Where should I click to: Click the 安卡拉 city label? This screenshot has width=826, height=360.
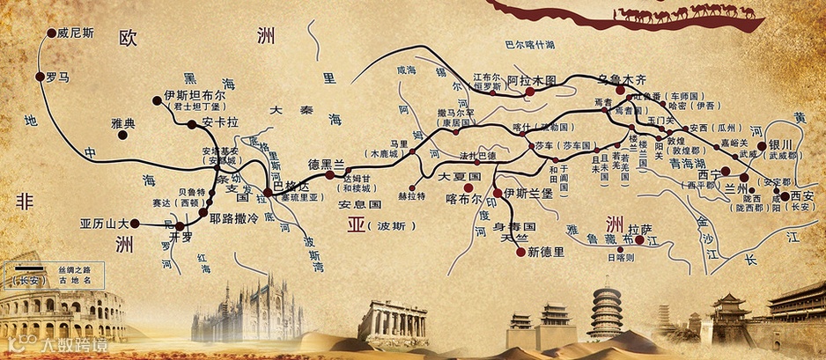tap(219, 121)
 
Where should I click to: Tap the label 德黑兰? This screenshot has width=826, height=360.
tap(325, 165)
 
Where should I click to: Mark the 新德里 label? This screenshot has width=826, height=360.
tap(545, 253)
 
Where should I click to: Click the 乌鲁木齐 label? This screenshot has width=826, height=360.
tap(629, 78)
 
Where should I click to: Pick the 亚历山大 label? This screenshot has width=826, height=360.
tap(104, 223)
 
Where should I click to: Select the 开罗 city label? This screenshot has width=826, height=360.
tap(181, 238)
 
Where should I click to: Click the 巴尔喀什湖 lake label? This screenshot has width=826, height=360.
tap(528, 44)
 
